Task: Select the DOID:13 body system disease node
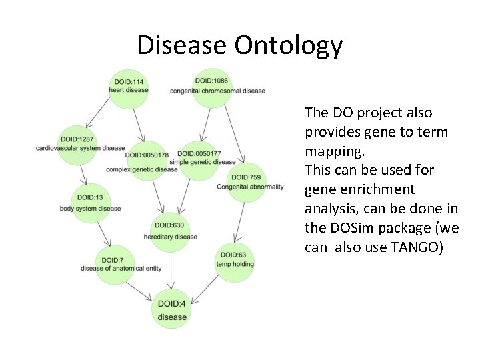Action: pyautogui.click(x=89, y=203)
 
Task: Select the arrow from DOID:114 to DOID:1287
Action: pyautogui.click(x=100, y=113)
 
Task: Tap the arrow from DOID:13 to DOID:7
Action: pyautogui.click(x=102, y=234)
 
